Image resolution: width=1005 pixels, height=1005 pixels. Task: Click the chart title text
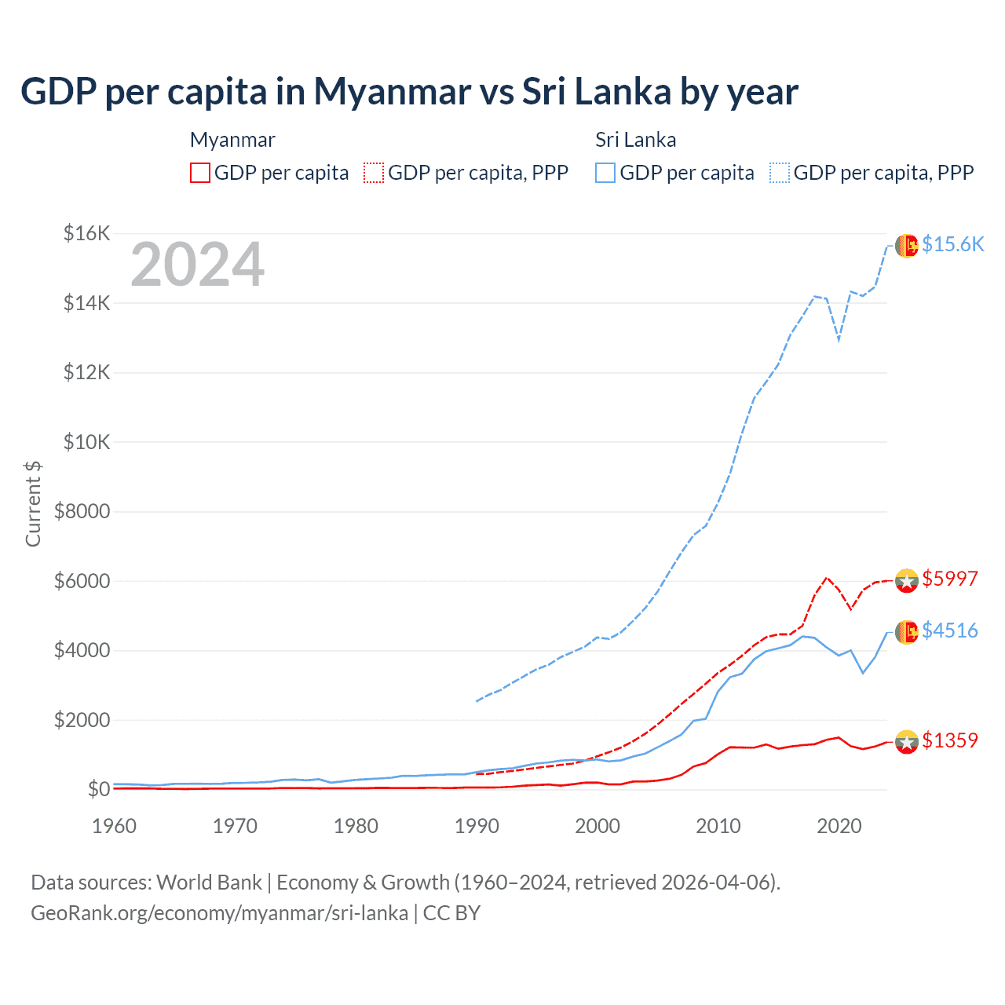pos(409,92)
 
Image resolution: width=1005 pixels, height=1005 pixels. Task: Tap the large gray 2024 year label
pos(197,265)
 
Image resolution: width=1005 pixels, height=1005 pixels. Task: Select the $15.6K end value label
pos(952,244)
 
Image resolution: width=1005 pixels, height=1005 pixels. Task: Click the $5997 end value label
pos(949,579)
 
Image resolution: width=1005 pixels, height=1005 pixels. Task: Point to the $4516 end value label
pos(949,630)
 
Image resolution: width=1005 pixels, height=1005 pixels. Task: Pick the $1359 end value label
pos(949,740)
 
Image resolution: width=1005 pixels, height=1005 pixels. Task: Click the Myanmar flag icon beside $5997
pos(907,580)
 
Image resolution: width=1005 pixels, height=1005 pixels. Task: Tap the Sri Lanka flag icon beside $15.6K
pos(907,246)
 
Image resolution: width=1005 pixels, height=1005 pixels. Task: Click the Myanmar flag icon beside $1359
pos(907,742)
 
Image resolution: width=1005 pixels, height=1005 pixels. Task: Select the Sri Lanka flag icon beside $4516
pos(907,632)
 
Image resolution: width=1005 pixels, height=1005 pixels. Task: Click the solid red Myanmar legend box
pos(200,173)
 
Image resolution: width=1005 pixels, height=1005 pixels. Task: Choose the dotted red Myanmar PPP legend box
pos(374,173)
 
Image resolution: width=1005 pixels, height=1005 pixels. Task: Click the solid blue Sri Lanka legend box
pos(605,173)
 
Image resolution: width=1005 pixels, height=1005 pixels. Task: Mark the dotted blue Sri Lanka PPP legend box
pos(780,173)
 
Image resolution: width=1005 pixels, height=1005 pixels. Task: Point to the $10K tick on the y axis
pos(87,442)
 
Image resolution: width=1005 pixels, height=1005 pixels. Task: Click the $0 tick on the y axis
pos(98,789)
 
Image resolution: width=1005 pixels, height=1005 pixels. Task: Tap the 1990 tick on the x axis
pos(477,826)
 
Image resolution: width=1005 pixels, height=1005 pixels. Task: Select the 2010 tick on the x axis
pos(718,826)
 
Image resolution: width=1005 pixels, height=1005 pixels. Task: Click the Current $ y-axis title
pos(33,504)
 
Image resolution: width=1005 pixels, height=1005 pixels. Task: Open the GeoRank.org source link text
pos(220,913)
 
